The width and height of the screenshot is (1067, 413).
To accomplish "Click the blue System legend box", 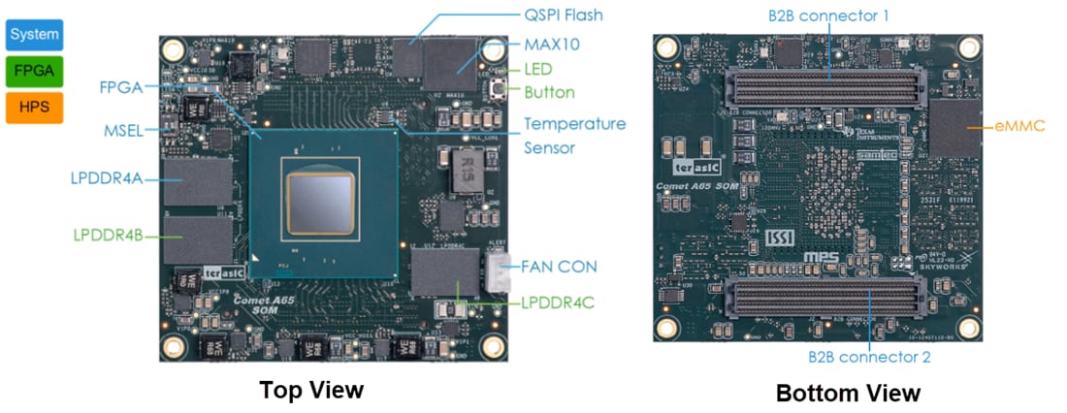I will (35, 36).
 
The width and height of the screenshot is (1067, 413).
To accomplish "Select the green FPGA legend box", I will (35, 71).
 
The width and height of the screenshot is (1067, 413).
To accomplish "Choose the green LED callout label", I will (538, 70).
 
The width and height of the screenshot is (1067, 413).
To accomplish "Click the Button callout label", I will (549, 93).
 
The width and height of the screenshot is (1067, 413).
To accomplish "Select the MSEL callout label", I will (123, 130).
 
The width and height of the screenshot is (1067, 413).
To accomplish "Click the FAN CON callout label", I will (559, 266).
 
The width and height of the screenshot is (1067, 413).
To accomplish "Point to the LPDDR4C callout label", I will (556, 302).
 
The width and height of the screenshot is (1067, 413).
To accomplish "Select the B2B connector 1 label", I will (828, 16).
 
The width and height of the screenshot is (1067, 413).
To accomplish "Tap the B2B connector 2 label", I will (869, 357).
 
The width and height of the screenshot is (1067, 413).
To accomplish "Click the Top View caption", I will (310, 390).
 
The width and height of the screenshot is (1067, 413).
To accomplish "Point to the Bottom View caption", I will (848, 393).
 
